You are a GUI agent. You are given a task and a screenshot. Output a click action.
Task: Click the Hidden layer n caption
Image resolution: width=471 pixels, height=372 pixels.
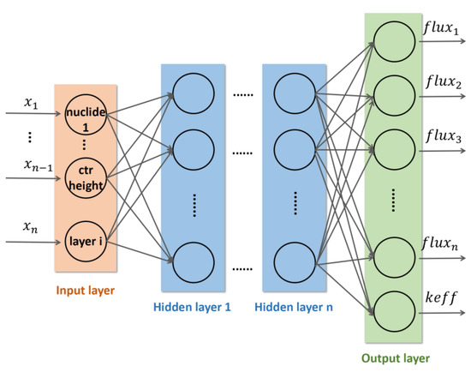click(295, 306)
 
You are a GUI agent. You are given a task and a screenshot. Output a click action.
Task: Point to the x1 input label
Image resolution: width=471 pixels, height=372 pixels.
click(31, 103)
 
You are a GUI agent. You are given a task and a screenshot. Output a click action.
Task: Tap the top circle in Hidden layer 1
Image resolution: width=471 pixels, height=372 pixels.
click(194, 88)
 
